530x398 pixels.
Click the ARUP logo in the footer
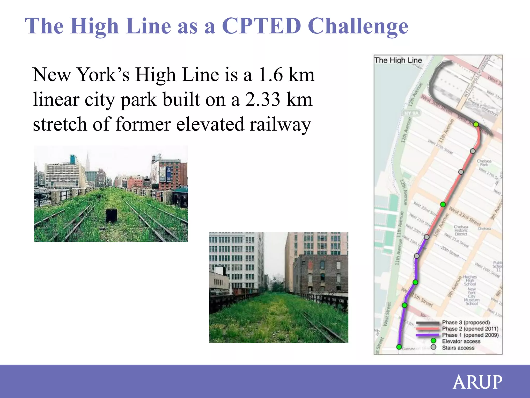point(477,382)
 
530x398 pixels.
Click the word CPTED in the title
point(261,26)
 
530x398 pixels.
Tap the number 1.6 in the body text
point(271,75)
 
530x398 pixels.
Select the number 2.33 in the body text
point(262,99)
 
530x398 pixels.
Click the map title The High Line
point(398,60)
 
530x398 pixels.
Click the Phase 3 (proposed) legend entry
point(466,322)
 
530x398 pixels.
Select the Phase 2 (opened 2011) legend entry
point(470,329)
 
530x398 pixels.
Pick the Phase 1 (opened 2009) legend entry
point(470,335)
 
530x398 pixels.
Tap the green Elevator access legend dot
point(433,341)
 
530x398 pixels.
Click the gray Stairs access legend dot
point(433,347)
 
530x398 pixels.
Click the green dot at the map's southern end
point(399,347)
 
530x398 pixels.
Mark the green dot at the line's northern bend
point(476,124)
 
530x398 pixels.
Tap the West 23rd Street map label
point(465,216)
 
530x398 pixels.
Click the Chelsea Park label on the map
point(484,163)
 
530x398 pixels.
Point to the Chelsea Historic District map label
point(461,230)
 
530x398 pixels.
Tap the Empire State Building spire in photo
point(88,159)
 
